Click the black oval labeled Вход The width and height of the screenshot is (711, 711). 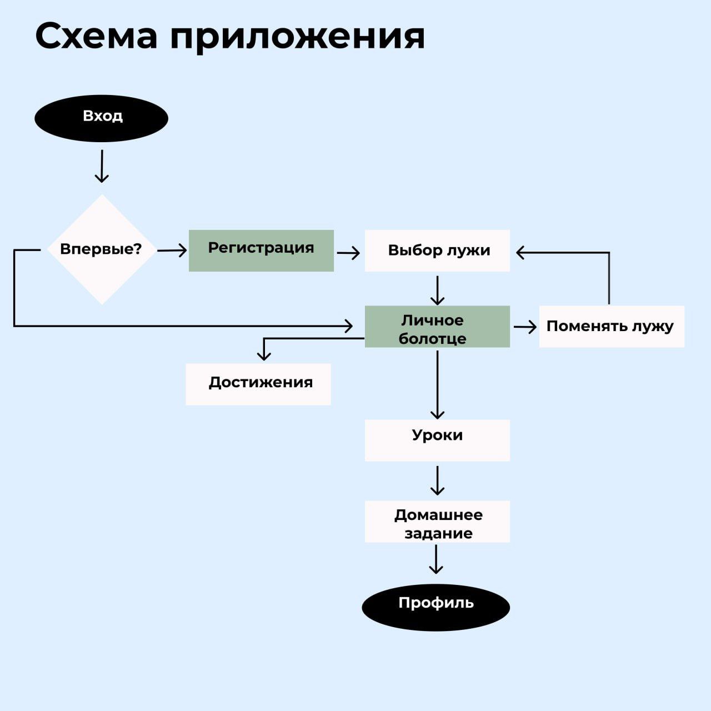[101, 118]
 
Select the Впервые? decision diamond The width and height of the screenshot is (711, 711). [102, 249]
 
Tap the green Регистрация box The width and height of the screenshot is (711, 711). [261, 251]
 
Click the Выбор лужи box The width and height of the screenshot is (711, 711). [437, 251]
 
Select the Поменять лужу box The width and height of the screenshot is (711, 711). [612, 327]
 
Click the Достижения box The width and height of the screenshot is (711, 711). [258, 384]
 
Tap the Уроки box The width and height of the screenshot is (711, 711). [437, 440]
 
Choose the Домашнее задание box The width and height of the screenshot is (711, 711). [437, 522]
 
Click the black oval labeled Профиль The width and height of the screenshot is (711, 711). [436, 607]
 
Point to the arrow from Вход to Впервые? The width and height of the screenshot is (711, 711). [102, 166]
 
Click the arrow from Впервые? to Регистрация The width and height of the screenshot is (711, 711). [172, 251]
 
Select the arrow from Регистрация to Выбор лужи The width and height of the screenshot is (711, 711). [348, 253]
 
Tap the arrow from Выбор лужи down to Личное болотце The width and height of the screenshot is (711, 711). [438, 290]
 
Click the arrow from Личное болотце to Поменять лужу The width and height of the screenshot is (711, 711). [525, 327]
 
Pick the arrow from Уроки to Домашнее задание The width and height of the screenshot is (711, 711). [438, 480]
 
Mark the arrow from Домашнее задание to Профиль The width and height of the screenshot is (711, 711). [436, 559]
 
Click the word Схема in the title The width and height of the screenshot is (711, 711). [96, 37]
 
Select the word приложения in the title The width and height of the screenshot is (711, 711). [297, 37]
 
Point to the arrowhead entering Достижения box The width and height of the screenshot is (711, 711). [264, 356]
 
